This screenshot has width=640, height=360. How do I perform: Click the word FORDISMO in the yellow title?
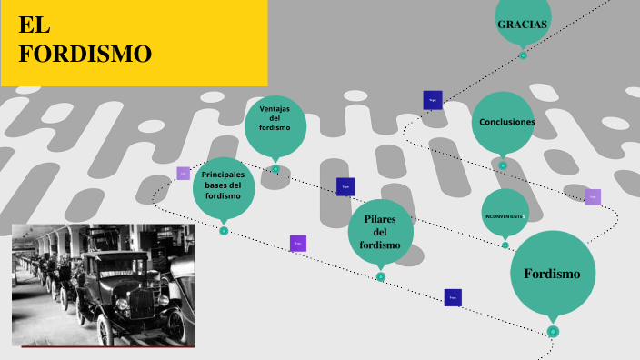85,55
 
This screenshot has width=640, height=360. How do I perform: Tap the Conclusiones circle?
503,122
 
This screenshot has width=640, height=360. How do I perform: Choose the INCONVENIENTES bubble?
505,215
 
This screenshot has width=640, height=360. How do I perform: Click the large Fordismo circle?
552,273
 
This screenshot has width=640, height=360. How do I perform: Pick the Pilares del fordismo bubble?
380,232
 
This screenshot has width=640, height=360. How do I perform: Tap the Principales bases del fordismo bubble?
224,186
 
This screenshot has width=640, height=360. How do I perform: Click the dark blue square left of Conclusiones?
433,100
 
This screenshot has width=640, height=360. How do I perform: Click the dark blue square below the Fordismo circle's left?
453,297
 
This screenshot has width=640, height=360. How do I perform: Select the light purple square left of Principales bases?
184,173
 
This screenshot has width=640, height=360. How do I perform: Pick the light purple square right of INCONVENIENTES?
593,196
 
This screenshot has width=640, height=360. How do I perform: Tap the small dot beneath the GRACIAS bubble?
524,55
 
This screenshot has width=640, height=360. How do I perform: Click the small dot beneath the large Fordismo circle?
553,332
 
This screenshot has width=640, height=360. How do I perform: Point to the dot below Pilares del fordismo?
381,276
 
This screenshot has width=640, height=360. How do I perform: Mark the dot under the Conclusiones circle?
503,165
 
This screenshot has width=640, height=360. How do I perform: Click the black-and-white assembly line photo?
103,284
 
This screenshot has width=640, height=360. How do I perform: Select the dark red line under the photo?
107,346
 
